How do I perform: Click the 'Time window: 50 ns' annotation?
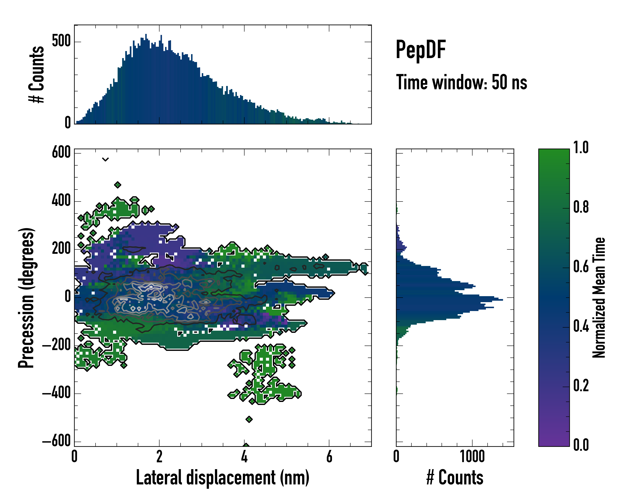pyautogui.click(x=461, y=82)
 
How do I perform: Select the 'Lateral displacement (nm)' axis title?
pyautogui.click(x=222, y=478)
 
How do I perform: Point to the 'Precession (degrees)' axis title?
pyautogui.click(x=26, y=298)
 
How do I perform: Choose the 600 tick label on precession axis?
pyautogui.click(x=61, y=152)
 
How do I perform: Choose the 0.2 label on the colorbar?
pyautogui.click(x=581, y=386)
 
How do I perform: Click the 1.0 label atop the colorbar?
pyautogui.click(x=581, y=148)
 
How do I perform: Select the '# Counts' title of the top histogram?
pyautogui.click(x=37, y=74)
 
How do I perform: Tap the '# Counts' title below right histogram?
pyautogui.click(x=455, y=478)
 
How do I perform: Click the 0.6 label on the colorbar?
pyautogui.click(x=581, y=267)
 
